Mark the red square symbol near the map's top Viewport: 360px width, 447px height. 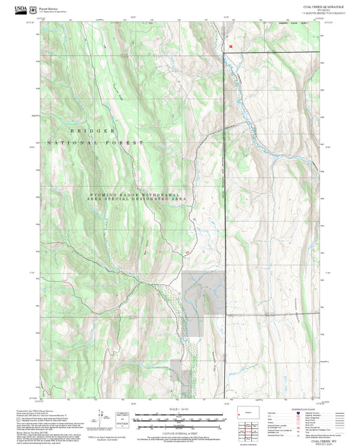(230, 47)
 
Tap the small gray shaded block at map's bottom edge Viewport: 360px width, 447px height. (176, 371)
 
